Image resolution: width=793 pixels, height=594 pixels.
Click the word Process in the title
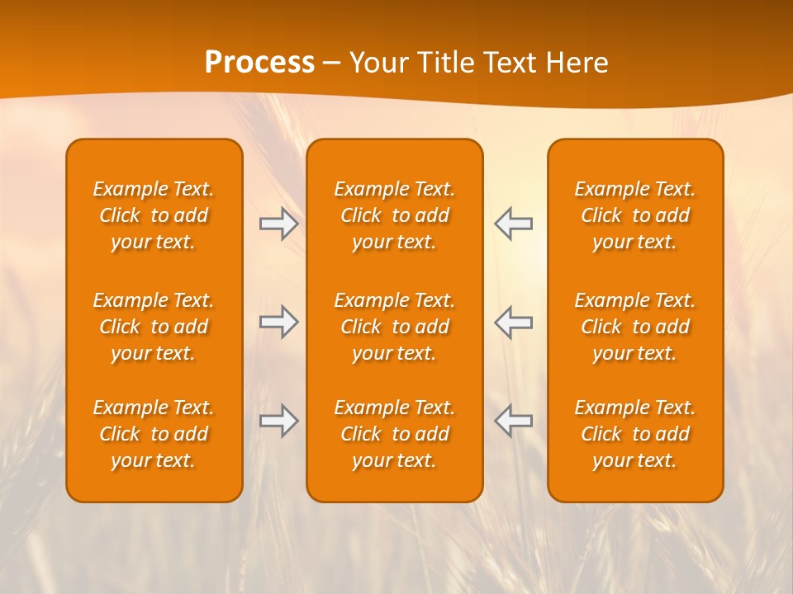(x=259, y=63)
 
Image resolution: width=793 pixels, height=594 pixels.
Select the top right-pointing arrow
(x=279, y=224)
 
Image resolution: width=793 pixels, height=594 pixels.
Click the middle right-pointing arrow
(x=279, y=322)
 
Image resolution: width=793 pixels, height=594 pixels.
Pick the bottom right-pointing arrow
(x=279, y=421)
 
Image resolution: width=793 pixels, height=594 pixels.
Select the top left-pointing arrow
(x=513, y=224)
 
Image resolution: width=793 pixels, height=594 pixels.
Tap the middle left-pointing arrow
(x=513, y=322)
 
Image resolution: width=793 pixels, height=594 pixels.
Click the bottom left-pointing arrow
(x=513, y=421)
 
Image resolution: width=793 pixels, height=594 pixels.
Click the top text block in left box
(x=154, y=215)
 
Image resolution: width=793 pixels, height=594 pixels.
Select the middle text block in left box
(x=154, y=327)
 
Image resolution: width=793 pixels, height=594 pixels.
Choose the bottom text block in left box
(x=154, y=434)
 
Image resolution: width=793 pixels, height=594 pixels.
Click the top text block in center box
(x=395, y=215)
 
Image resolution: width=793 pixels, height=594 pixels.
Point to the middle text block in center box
(x=395, y=327)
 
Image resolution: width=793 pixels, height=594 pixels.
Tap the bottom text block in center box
(x=395, y=434)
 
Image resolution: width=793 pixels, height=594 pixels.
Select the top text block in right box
(x=635, y=215)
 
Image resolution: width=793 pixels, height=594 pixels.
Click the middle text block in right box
(x=635, y=327)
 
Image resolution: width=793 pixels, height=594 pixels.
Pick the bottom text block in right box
(x=635, y=434)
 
